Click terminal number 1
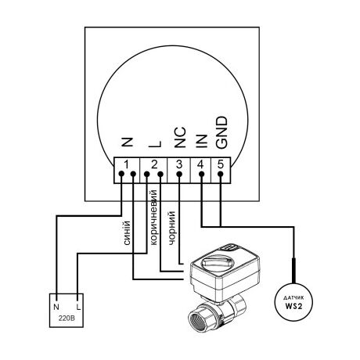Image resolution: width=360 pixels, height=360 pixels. (x=126, y=164)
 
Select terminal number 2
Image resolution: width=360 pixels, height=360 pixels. (x=154, y=164)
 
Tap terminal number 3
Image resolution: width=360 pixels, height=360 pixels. (x=179, y=164)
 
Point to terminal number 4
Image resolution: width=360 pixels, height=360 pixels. (x=200, y=164)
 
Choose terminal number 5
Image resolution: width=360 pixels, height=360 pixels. (x=221, y=164)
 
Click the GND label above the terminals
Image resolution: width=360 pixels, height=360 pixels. (x=222, y=133)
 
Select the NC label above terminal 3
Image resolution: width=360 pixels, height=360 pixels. (x=180, y=138)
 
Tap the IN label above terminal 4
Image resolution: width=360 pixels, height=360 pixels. (x=202, y=141)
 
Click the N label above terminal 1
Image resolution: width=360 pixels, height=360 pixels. (x=128, y=142)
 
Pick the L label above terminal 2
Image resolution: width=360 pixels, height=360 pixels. (x=155, y=144)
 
